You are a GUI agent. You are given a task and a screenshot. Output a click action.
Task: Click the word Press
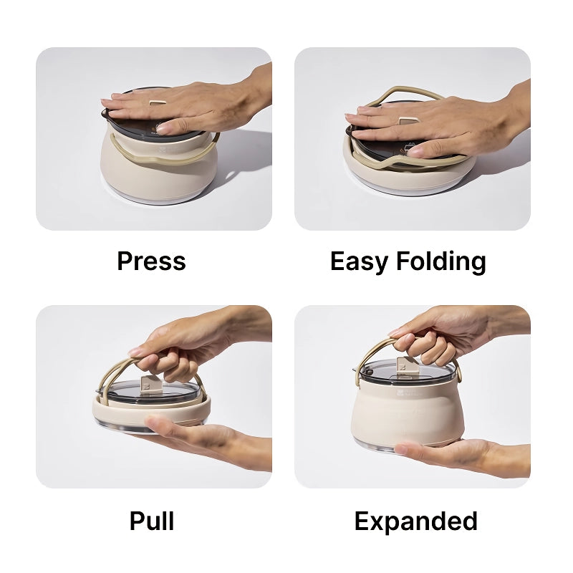(151, 261)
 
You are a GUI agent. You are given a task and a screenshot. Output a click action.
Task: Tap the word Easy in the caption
(359, 262)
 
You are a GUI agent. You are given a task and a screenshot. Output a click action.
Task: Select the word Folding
(441, 262)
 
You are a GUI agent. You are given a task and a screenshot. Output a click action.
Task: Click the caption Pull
(152, 521)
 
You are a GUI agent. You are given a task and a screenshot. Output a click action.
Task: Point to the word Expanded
(416, 521)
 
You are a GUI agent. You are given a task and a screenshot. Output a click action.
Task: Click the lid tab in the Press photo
(156, 102)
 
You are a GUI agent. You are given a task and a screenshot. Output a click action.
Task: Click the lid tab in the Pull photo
(150, 386)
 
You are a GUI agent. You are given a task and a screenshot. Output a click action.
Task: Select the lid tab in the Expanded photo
(408, 367)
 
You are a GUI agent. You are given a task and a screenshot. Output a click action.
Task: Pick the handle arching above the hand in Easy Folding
(405, 93)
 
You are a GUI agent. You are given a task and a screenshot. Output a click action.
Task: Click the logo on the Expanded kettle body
(408, 393)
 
